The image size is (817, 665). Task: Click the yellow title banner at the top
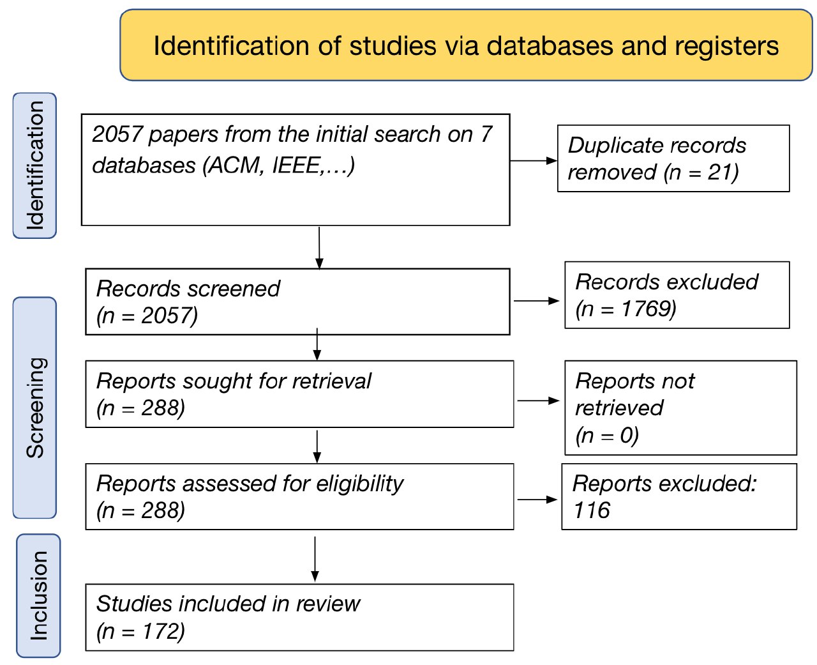466,45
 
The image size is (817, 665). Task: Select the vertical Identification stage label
34,165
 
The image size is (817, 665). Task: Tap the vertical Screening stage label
34,408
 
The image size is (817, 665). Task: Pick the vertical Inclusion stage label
38,595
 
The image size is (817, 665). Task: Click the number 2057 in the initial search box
117,134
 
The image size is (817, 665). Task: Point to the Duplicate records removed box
673,158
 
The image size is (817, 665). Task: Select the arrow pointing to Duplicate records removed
534,160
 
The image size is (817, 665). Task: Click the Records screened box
297,302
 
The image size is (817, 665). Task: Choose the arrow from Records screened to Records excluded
537,301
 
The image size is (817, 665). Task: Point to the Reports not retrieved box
681,408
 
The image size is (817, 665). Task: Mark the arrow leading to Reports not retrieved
539,401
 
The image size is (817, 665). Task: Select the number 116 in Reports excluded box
592,510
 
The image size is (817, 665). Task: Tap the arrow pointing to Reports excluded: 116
537,500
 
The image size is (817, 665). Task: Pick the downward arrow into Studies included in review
315,559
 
